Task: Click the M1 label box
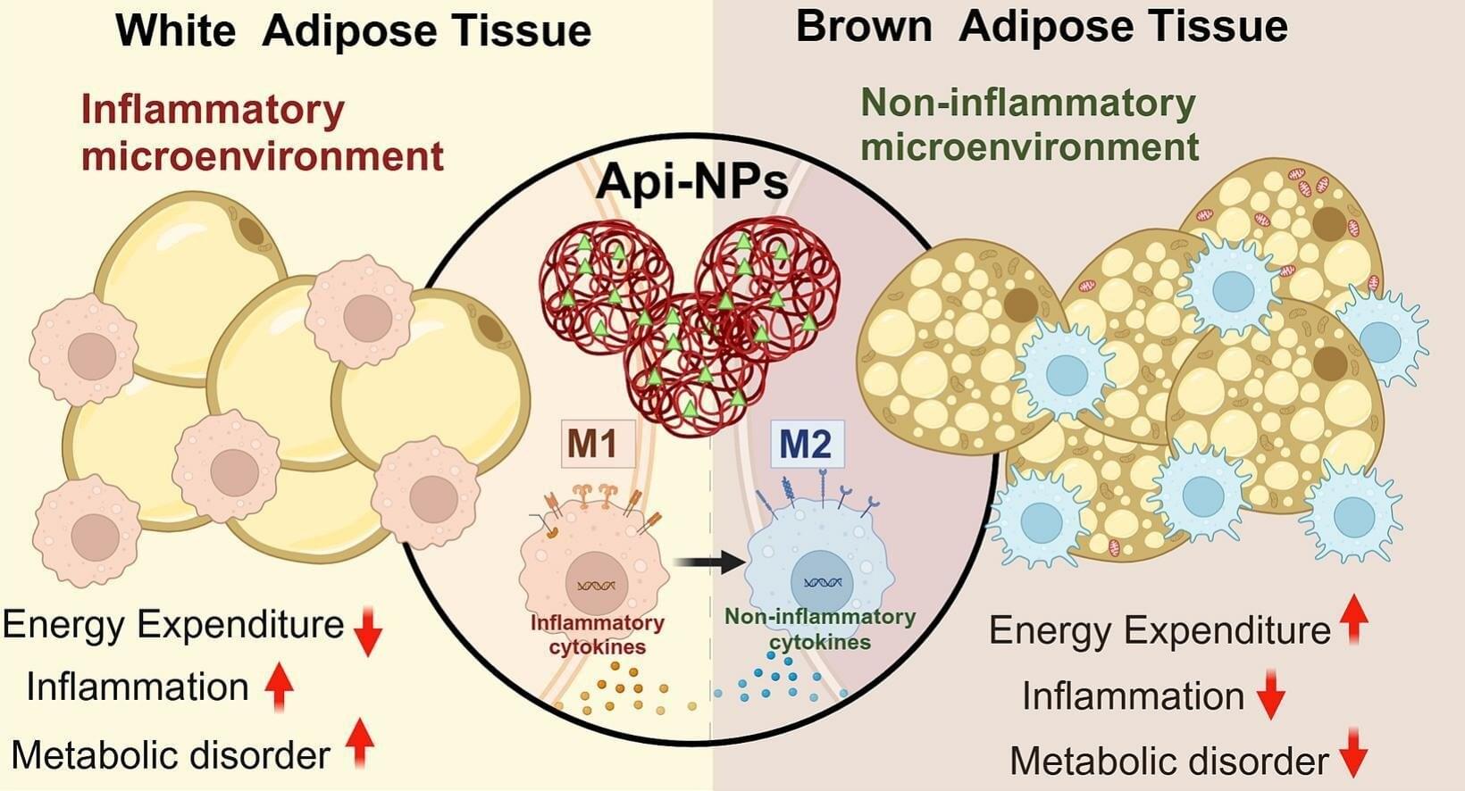(x=597, y=443)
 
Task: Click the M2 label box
(x=806, y=444)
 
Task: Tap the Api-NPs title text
(x=692, y=181)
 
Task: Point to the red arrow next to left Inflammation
(x=280, y=686)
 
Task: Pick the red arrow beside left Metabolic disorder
(x=359, y=743)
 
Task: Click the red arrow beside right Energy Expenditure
(x=1354, y=619)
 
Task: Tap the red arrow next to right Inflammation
(x=1271, y=695)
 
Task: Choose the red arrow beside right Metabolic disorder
(x=1354, y=752)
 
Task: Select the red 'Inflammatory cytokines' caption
(x=597, y=635)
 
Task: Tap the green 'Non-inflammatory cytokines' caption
(x=819, y=629)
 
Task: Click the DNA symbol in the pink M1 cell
(x=596, y=586)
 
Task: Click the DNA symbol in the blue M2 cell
(x=822, y=582)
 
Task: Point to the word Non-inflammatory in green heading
(x=1027, y=104)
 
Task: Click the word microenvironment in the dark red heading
(x=263, y=155)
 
